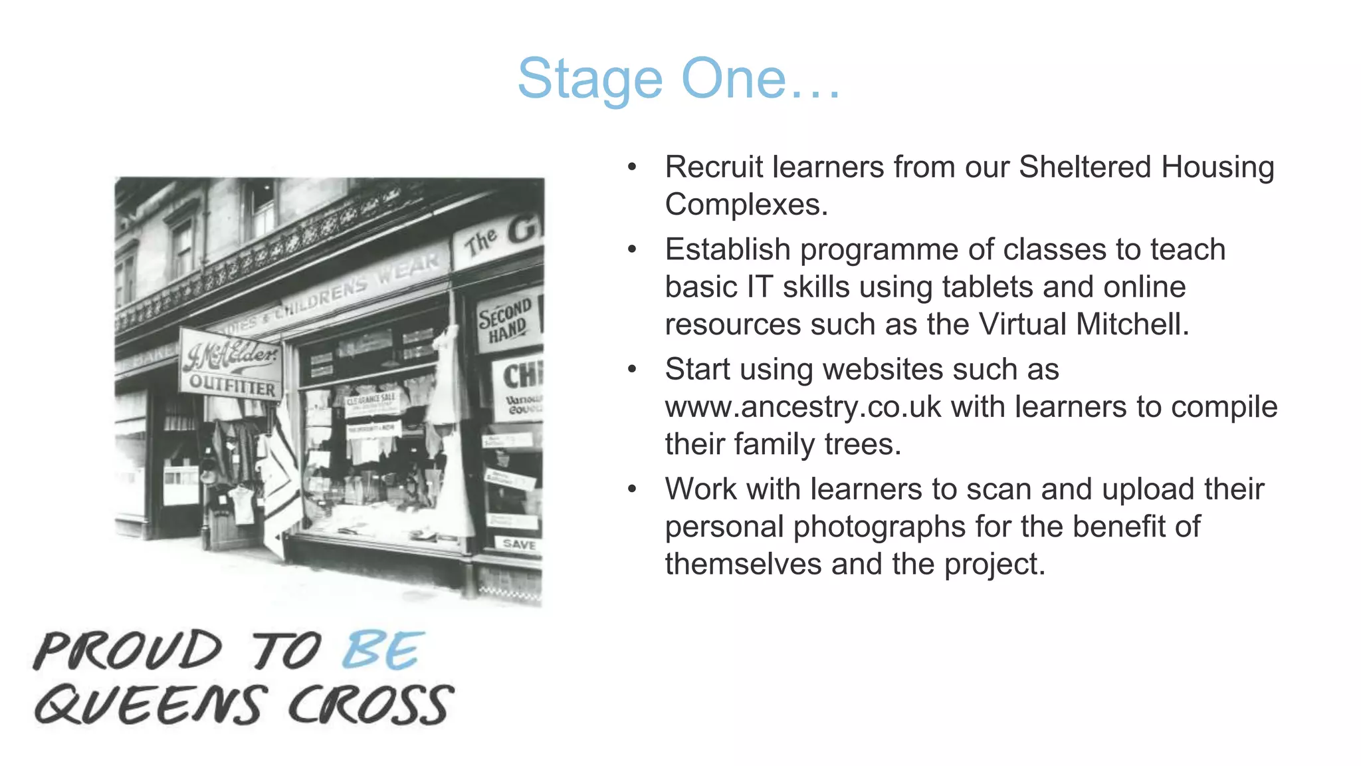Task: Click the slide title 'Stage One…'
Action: click(x=679, y=79)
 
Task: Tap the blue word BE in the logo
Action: click(x=382, y=650)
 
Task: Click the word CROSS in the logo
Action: click(x=371, y=705)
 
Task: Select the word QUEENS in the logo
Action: click(x=152, y=705)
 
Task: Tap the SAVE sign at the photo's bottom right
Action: click(x=519, y=545)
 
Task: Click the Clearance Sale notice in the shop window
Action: click(x=371, y=400)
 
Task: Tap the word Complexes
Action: click(x=746, y=204)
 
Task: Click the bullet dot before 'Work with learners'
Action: click(x=632, y=489)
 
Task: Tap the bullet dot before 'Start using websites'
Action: click(x=632, y=370)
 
